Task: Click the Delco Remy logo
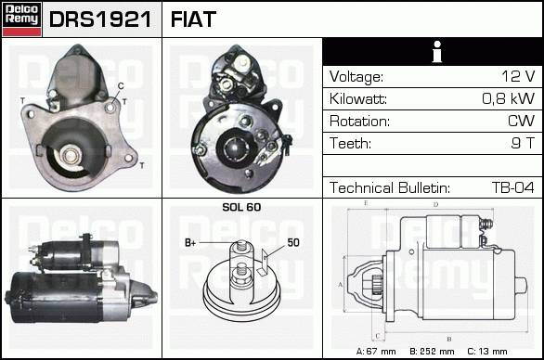pos(21,19)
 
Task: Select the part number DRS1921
pos(100,19)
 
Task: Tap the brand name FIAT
pos(193,19)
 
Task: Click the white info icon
pos(437,52)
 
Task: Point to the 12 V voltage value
pos(518,76)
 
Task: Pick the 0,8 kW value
pos(509,98)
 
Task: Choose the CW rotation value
pos(521,121)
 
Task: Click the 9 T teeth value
pos(523,143)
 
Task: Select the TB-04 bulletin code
pos(513,187)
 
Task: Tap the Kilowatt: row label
pos(358,99)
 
